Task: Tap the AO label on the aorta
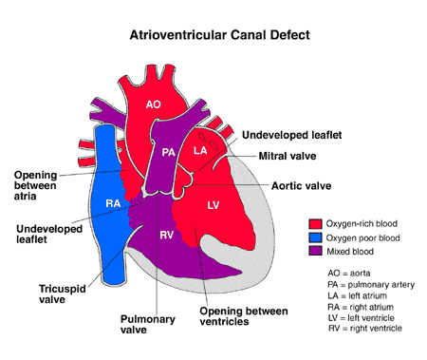pyautogui.click(x=154, y=106)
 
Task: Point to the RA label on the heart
pyautogui.click(x=112, y=203)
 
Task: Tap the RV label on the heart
pyautogui.click(x=166, y=234)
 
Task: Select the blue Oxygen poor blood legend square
pyautogui.click(x=315, y=237)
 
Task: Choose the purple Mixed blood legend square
pyautogui.click(x=315, y=252)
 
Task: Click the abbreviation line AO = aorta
pyautogui.click(x=345, y=274)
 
